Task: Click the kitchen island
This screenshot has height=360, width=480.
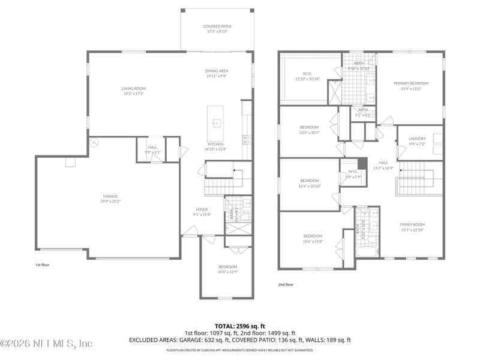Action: tap(215, 123)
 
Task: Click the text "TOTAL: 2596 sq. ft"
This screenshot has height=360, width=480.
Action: tap(239, 325)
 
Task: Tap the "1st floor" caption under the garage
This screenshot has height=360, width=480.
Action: tap(43, 263)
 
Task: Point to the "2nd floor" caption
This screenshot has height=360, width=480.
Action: tap(286, 284)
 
